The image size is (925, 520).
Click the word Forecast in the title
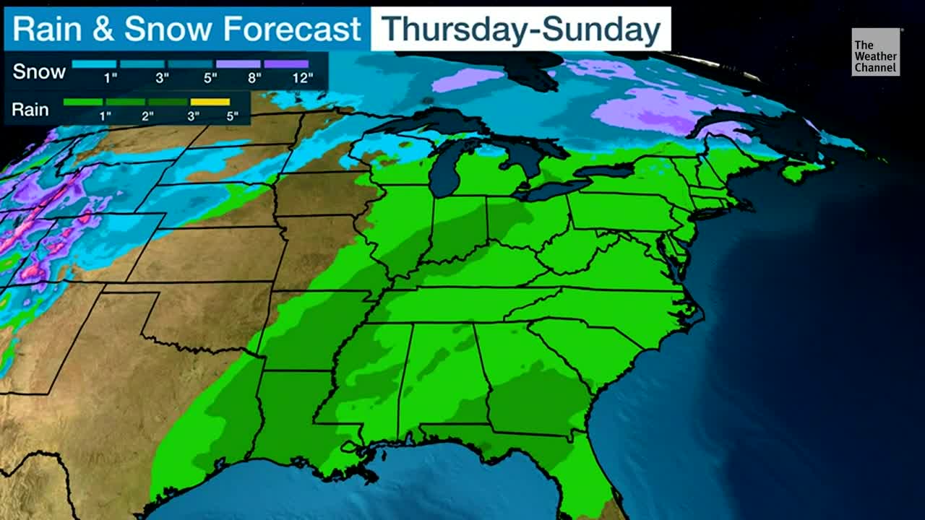click(x=292, y=30)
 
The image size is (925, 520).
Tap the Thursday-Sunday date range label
click(x=520, y=30)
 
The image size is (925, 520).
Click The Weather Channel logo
click(x=875, y=52)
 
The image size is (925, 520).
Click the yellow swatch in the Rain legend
click(x=210, y=102)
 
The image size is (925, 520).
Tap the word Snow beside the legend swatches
click(x=39, y=71)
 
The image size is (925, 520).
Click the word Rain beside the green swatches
click(x=31, y=110)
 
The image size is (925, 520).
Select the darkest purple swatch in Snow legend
click(x=286, y=64)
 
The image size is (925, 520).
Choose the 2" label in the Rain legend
click(x=147, y=116)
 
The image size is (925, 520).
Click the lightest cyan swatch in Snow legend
click(x=94, y=64)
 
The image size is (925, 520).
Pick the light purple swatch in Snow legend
click(x=238, y=64)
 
